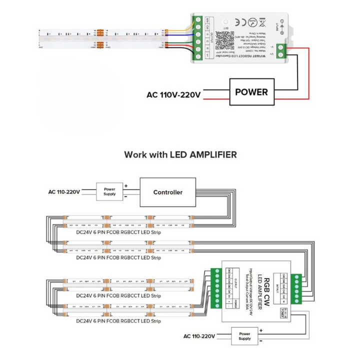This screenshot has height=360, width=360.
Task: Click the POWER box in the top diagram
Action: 251,92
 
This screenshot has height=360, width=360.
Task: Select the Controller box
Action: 167,192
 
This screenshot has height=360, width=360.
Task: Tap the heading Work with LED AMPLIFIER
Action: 180,154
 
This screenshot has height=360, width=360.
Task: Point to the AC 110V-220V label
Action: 173,94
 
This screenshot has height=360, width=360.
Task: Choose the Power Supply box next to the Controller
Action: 109,191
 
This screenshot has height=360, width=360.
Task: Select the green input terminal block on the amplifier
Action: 298,287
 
